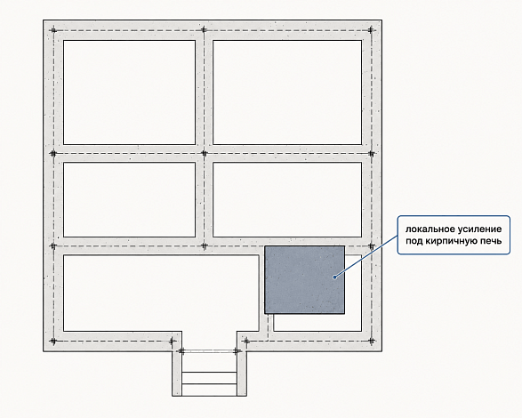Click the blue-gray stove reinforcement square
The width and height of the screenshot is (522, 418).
pos(304,280)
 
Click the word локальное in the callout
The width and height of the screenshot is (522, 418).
pos(426,229)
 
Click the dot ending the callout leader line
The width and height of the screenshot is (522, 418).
pos(334,277)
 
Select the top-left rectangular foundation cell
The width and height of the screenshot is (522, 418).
pos(129,92)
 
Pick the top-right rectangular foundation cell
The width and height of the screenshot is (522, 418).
pos(287,92)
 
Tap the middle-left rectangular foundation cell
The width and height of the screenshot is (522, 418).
pos(129,200)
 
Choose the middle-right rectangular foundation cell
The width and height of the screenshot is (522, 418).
pos(287,200)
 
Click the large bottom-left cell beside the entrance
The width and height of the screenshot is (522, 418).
pos(161,293)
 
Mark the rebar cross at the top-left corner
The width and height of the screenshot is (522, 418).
pos(53,30)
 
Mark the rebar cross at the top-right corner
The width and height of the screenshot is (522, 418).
pos(371,30)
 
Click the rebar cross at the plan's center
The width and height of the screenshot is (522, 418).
pos(205,154)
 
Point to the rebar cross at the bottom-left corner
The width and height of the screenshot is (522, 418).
pos(53,341)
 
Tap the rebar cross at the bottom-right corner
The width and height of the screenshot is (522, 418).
pos(372,341)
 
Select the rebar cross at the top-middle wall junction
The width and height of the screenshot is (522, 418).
pos(204,30)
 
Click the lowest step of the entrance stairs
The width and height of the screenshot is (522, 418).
pos(209,390)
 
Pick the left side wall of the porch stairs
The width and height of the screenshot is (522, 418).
pos(177,374)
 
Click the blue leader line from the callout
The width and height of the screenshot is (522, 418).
pos(365,256)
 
